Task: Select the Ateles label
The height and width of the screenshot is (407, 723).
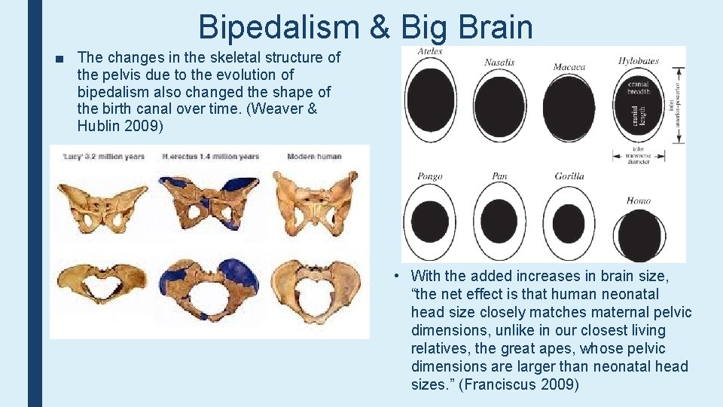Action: click(429, 51)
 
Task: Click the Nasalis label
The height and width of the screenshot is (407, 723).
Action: click(499, 62)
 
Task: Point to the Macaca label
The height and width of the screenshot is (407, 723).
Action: click(569, 66)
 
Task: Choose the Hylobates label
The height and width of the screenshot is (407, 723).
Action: click(638, 61)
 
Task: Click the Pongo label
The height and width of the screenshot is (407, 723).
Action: click(429, 176)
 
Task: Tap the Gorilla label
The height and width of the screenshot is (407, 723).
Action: click(569, 176)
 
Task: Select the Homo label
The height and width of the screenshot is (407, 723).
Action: click(638, 200)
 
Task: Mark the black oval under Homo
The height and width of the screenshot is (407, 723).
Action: click(639, 235)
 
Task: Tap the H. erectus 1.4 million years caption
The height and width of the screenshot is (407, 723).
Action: click(210, 157)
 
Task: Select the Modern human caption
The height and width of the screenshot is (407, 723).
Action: click(314, 157)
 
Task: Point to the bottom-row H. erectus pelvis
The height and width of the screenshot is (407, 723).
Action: click(210, 290)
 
